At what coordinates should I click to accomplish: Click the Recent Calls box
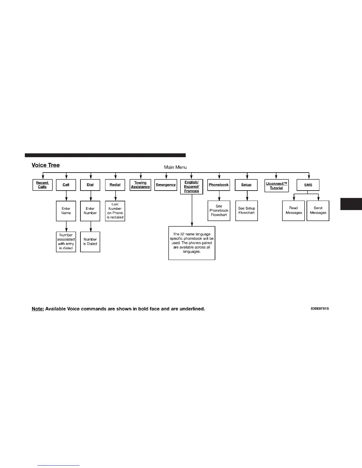[x=42, y=185]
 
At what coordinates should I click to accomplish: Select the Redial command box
[x=115, y=185]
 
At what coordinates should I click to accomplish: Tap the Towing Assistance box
[x=140, y=185]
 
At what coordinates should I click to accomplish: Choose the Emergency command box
[x=166, y=185]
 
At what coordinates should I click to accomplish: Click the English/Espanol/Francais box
[x=192, y=187]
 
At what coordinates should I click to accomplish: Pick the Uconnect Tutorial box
[x=277, y=186]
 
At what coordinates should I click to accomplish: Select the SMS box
[x=308, y=185]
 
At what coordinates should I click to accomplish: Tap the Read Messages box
[x=293, y=210]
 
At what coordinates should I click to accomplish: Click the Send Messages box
[x=318, y=210]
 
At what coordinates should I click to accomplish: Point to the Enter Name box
[x=66, y=211]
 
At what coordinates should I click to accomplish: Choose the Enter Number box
[x=90, y=211]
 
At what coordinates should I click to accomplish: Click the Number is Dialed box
[x=90, y=242]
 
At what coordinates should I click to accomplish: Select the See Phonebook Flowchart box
[x=219, y=211]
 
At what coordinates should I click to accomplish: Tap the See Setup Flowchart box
[x=247, y=211]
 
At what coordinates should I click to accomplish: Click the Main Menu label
[x=175, y=167]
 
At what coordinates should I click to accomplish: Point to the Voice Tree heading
[x=46, y=165]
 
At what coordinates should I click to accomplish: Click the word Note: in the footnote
[x=38, y=309]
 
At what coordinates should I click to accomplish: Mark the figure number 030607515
[x=320, y=309]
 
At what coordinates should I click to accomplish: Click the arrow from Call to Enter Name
[x=66, y=196]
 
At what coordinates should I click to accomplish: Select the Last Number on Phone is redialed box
[x=115, y=211]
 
